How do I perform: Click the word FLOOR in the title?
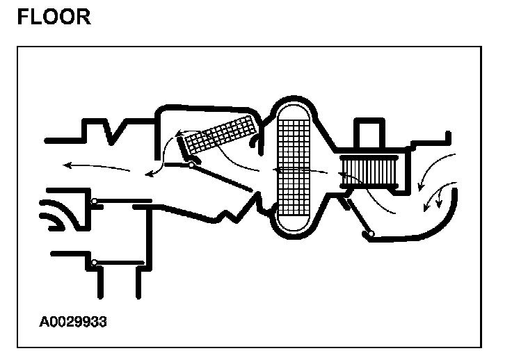(x=54, y=16)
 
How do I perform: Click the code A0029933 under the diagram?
(x=73, y=322)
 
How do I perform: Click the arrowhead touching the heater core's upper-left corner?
(x=179, y=132)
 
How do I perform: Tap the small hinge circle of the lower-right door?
(x=371, y=234)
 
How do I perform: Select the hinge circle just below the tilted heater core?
(x=191, y=165)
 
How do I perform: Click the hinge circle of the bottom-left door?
(x=94, y=263)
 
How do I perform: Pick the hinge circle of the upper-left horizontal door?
(x=94, y=202)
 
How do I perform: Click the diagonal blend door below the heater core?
(x=221, y=177)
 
